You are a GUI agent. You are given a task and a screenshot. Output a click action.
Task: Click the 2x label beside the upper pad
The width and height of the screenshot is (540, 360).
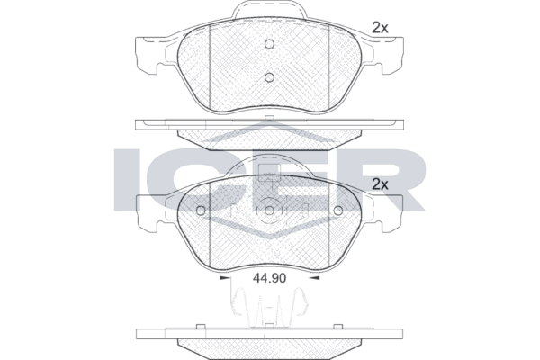click(x=380, y=28)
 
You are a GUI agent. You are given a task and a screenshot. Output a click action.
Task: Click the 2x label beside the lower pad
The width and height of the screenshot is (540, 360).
click(x=380, y=184)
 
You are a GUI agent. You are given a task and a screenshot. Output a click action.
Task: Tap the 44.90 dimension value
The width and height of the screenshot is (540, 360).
click(x=269, y=278)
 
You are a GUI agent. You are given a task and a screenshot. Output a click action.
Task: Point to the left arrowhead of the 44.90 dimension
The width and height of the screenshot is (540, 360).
click(x=224, y=278)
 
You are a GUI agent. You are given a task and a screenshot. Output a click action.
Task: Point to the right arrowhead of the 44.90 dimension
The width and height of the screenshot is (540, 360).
click(x=315, y=278)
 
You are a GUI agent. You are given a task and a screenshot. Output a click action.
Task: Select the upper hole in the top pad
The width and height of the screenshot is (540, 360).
click(x=270, y=44)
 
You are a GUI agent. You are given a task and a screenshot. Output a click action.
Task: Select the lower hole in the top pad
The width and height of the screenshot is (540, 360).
click(x=270, y=77)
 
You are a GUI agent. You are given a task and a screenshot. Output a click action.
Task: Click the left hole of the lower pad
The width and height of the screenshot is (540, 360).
click(x=201, y=211)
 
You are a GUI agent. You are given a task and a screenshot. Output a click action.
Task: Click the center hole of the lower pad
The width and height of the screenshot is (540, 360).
click(x=270, y=211)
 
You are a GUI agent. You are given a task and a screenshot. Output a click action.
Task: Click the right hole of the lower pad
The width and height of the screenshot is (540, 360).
click(x=338, y=211)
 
